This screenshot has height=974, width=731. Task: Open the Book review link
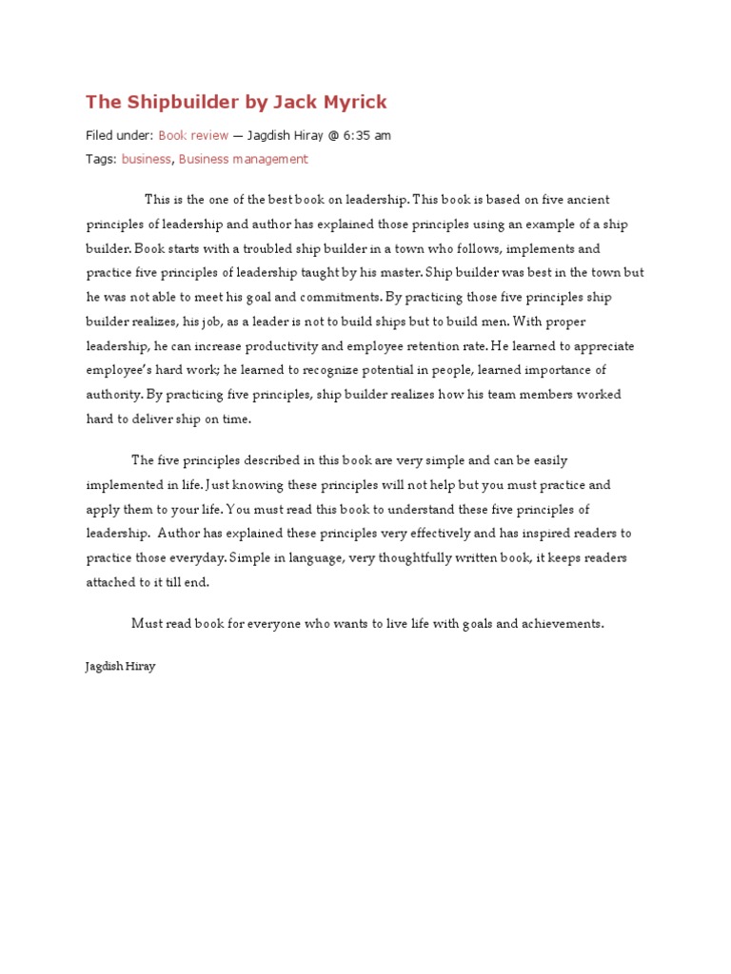pos(193,136)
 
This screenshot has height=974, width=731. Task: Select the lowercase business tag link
pos(146,160)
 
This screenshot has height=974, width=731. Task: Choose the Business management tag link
pos(243,160)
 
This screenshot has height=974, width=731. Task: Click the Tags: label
pos(101,160)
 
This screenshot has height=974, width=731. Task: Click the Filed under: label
pos(119,136)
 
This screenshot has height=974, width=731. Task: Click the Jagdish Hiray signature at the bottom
pos(120,667)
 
